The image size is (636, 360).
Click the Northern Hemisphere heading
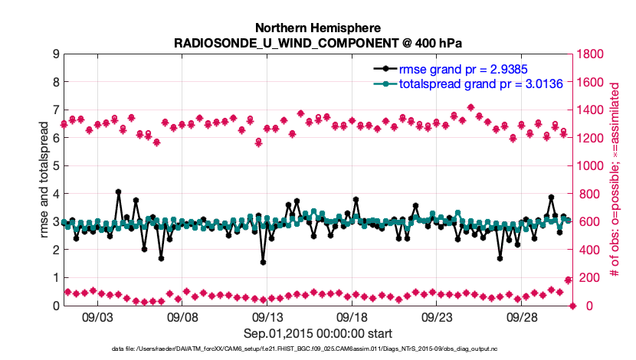(318, 27)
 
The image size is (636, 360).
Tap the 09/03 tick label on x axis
(97, 316)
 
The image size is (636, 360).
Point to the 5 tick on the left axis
(55, 165)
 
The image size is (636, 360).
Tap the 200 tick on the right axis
(591, 278)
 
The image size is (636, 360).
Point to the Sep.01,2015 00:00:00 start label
(318, 333)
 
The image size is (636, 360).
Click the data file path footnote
(318, 349)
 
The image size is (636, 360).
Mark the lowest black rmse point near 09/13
(263, 262)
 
